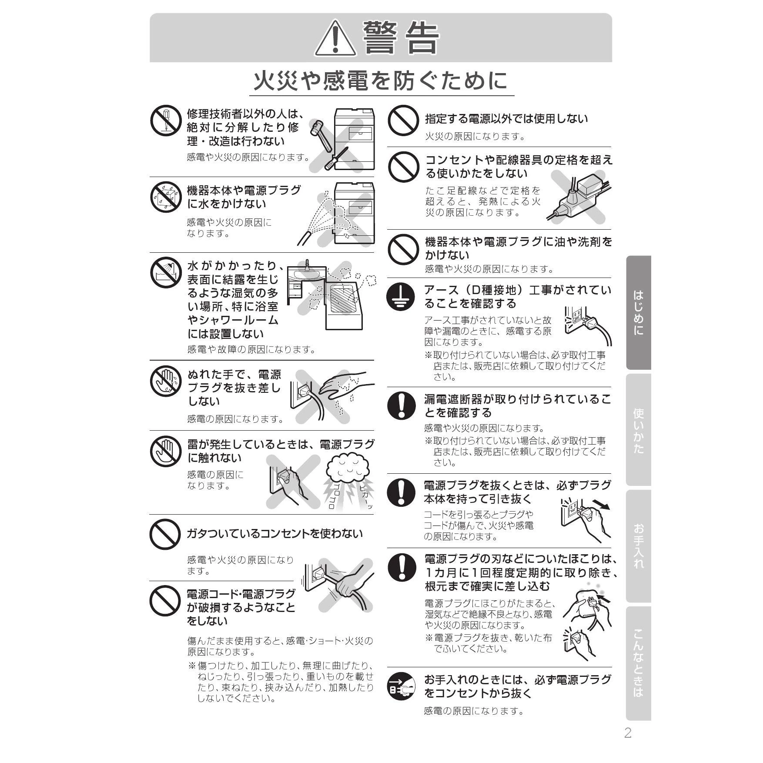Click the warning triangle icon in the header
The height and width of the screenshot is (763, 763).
(x=335, y=38)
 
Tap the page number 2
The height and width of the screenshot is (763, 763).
(x=628, y=733)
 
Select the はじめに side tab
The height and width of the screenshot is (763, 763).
(x=638, y=313)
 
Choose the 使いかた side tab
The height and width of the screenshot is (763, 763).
(x=638, y=430)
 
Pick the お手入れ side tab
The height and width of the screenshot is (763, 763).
(x=638, y=546)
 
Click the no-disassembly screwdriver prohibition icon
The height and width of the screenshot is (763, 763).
(x=166, y=120)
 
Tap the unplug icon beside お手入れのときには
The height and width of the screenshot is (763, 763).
(x=402, y=687)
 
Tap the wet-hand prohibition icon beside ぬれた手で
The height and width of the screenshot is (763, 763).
(x=166, y=381)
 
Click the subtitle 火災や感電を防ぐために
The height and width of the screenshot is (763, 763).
(x=381, y=81)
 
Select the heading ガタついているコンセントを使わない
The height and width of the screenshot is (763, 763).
(x=274, y=533)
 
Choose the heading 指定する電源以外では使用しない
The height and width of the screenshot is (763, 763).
(x=506, y=119)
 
